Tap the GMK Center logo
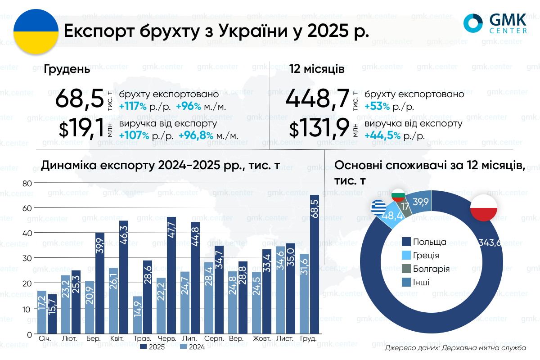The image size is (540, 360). coord(495,23)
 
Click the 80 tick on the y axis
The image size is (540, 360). coord(27,183)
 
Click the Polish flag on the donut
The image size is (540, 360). coord(483,208)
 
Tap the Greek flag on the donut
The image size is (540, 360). coord(378,207)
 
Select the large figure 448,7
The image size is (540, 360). coord(317,99)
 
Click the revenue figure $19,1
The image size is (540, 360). coord(81,129)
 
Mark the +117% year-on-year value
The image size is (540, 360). coord(133,107)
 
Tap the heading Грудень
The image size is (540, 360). coord(67,70)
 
